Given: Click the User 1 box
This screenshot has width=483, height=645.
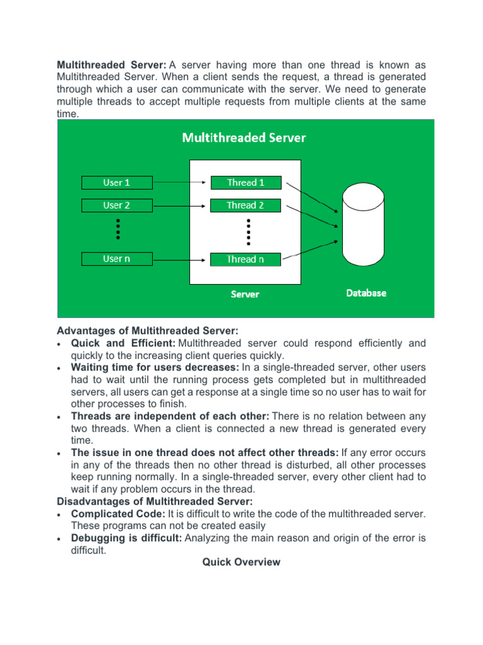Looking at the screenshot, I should (x=117, y=183).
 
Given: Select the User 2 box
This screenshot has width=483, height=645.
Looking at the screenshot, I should (x=117, y=205).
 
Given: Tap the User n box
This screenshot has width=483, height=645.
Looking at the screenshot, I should (x=117, y=259).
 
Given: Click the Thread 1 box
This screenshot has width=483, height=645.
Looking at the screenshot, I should (x=245, y=183).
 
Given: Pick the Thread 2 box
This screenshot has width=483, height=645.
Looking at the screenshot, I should (x=245, y=205).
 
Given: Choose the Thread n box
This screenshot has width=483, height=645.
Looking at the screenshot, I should (x=245, y=259).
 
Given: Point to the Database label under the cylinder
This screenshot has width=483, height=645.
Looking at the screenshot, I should (x=366, y=293).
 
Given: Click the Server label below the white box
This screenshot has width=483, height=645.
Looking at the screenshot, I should (x=245, y=294).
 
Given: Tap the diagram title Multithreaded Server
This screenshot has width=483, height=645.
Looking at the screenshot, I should (x=244, y=137).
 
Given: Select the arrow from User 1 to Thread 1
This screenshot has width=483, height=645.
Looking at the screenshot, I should (x=180, y=183).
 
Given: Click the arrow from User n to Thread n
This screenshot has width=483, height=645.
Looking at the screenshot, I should (x=180, y=259).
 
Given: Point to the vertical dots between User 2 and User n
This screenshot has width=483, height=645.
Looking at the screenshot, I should (x=117, y=229).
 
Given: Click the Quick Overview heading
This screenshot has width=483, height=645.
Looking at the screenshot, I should (x=241, y=562).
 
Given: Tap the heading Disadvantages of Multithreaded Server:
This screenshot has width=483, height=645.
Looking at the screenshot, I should (x=155, y=501).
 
